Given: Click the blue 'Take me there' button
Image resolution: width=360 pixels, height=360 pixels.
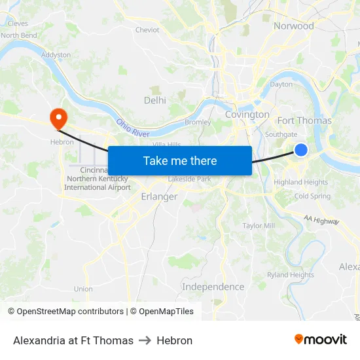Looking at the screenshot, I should pos(180,160).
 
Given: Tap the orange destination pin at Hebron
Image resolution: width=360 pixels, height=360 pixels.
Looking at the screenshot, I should pos(58,118).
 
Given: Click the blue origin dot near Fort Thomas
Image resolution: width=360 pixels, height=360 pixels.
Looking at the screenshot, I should pos(301,150).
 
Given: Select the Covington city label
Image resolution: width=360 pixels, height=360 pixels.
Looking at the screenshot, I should pos(247,115).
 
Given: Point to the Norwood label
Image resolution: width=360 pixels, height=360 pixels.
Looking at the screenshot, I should pos(294,26).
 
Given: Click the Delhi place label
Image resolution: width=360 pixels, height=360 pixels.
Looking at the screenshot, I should pos(155,100).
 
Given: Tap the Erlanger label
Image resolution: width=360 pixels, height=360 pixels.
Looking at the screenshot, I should pos(159,196).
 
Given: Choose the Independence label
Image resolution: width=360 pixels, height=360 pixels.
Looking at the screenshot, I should pos(213,287).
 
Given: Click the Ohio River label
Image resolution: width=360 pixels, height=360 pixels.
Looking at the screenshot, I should pos(133,127).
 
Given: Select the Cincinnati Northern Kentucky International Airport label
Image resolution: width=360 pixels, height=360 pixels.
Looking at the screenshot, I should pos(98,179).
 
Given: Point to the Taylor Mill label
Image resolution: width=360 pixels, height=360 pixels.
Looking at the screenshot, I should pos(259,226).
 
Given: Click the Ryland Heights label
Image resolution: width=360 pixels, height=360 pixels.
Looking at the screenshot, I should pos(291,275).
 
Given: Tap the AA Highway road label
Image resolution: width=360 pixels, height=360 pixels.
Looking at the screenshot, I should pos(321,220).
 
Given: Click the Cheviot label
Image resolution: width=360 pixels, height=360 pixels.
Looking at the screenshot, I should pos(147,29).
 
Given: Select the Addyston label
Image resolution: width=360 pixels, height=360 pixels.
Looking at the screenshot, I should pos(56,55).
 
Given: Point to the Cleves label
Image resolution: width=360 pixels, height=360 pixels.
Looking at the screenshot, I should pos(17,23).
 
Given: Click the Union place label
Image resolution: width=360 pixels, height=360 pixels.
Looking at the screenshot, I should pos(83,289).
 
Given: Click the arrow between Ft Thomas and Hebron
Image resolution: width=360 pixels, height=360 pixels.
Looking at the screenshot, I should pos(145,340).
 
